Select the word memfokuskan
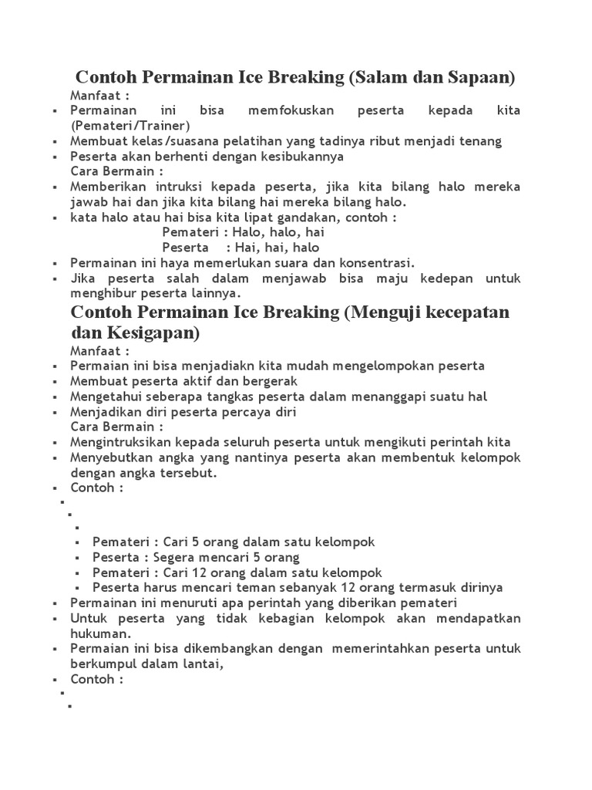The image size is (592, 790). click(x=291, y=111)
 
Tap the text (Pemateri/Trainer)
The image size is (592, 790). click(x=129, y=126)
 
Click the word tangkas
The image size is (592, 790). click(x=222, y=397)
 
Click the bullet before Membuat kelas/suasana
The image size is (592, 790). click(x=55, y=142)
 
